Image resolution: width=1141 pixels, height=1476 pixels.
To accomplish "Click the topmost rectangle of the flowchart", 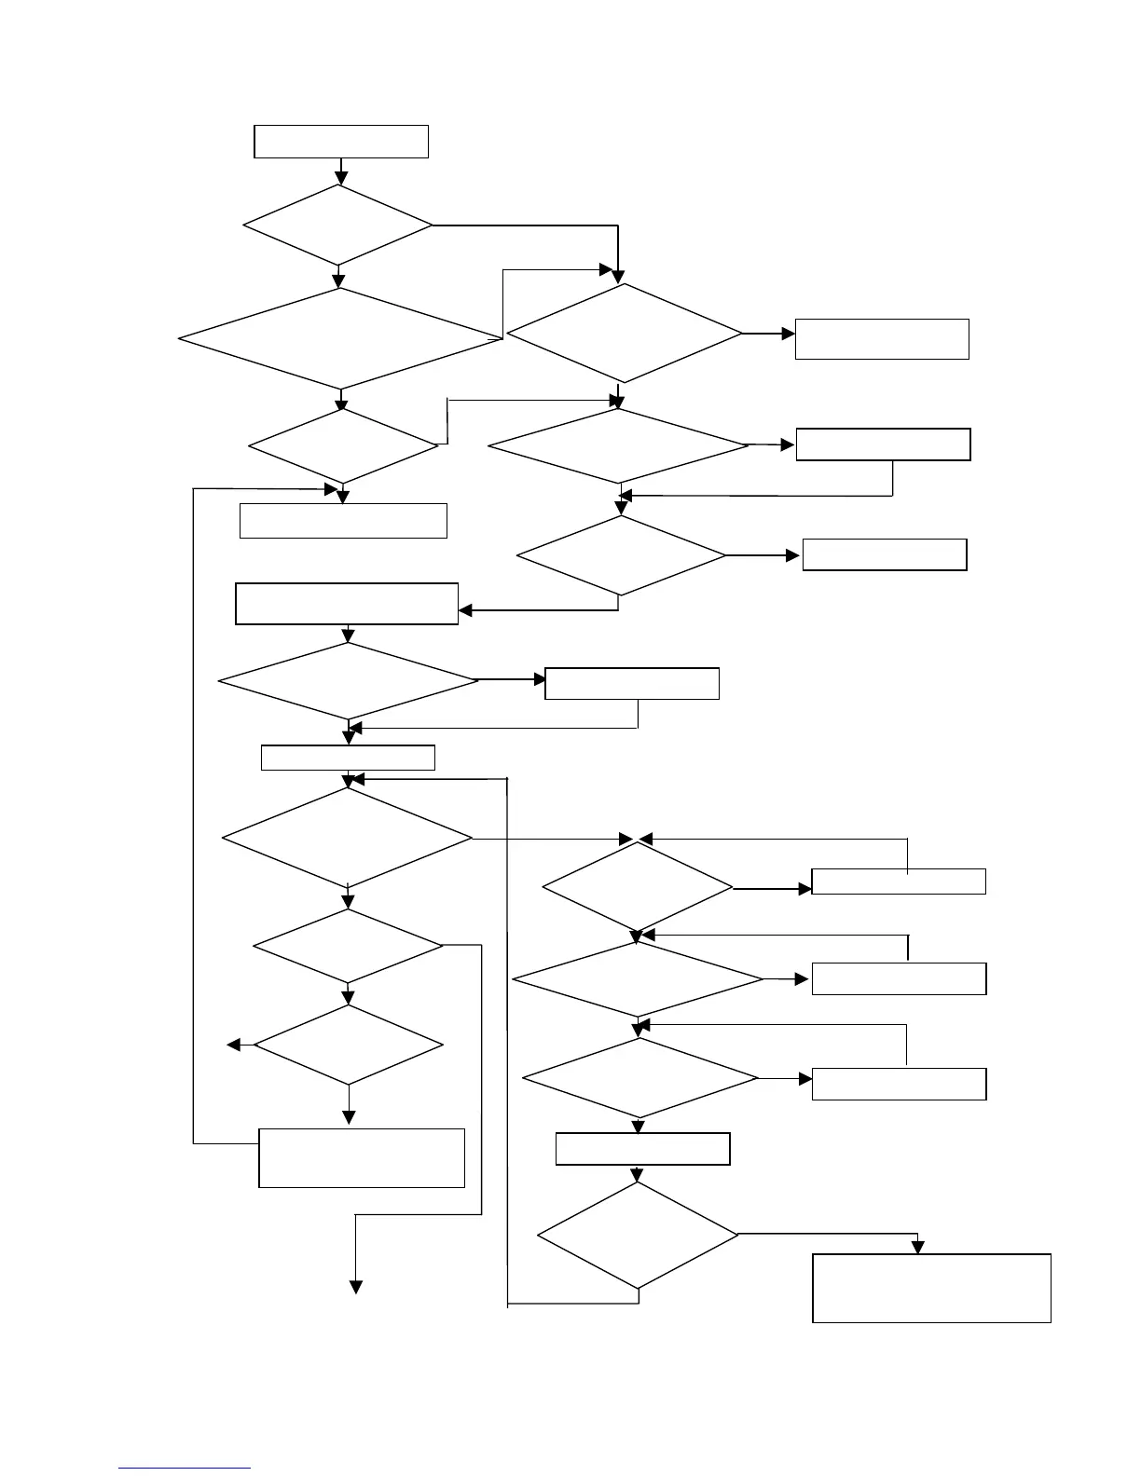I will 341,142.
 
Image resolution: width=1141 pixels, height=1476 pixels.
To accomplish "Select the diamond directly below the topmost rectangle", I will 338,225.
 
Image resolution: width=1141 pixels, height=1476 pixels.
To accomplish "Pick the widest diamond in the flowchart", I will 341,337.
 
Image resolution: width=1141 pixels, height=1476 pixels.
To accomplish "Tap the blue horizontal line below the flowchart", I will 186,1468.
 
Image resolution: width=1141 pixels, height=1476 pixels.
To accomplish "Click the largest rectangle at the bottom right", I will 931,1288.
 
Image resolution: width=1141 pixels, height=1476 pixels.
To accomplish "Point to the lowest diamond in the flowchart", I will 639,1236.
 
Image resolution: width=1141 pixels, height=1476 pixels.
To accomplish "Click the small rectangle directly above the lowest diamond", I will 642,1149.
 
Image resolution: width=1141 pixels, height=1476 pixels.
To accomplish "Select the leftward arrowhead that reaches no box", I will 234,1045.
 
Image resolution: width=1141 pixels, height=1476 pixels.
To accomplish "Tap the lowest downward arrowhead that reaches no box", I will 355,1287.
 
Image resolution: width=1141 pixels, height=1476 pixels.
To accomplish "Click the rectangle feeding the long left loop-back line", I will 361,1157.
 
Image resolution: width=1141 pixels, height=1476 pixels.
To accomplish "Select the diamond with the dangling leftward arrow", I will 349,1045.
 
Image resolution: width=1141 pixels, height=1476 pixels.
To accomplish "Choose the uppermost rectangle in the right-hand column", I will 882,338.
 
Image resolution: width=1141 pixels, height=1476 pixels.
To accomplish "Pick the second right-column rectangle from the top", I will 883,444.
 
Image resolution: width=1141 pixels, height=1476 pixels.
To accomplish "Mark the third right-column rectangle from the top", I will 884,554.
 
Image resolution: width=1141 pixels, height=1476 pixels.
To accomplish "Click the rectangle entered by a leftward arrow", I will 347,604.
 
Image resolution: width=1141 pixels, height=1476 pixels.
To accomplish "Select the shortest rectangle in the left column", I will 348,758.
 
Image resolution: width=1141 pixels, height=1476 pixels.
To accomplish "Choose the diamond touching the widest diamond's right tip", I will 624,333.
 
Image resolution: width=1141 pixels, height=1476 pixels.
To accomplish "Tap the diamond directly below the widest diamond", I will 343,446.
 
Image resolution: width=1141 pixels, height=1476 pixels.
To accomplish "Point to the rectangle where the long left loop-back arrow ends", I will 343,520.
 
